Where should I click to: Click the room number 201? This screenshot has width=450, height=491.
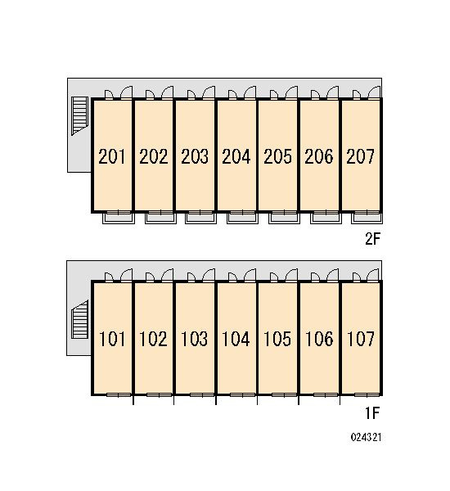click(x=112, y=156)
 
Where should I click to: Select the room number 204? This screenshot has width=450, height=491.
click(x=236, y=156)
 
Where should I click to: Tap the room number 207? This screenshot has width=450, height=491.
click(x=360, y=156)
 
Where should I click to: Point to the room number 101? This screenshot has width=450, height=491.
click(x=112, y=339)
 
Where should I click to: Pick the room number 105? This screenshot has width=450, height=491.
click(x=277, y=339)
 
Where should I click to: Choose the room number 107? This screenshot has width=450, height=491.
click(x=361, y=339)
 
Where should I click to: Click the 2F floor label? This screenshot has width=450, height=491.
click(x=372, y=239)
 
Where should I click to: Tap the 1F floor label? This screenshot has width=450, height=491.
click(x=372, y=413)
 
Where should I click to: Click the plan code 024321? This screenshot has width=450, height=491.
click(x=366, y=437)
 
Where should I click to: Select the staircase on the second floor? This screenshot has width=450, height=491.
click(x=79, y=115)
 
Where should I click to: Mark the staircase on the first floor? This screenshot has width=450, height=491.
click(x=80, y=319)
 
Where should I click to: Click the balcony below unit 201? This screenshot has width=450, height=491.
click(x=119, y=218)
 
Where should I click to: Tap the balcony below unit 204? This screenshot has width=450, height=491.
click(x=243, y=218)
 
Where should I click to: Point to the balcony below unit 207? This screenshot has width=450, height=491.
click(x=367, y=218)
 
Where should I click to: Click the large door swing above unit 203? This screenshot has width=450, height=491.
click(x=209, y=92)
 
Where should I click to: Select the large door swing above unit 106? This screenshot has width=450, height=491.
click(x=332, y=275)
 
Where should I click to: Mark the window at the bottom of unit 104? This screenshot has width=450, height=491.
click(x=243, y=395)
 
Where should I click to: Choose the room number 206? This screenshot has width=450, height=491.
click(x=319, y=156)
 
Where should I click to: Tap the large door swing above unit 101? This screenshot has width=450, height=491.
click(x=126, y=275)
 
